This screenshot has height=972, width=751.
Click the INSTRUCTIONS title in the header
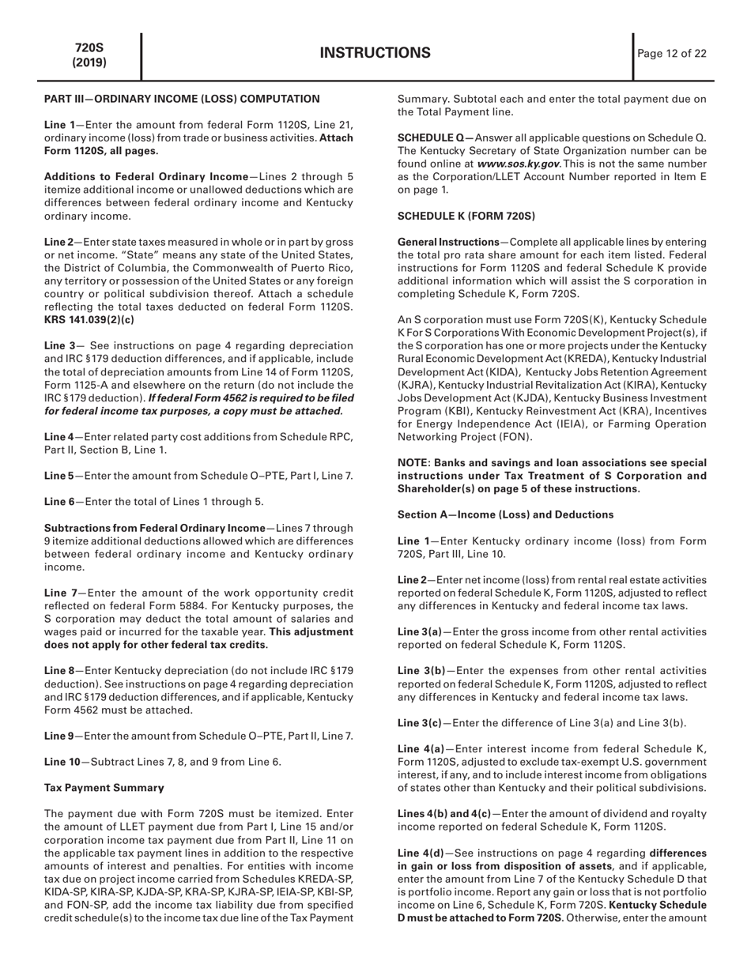(x=375, y=53)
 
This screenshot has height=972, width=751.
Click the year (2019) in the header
(x=90, y=62)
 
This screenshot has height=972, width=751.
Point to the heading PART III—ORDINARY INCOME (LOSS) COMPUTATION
(x=182, y=99)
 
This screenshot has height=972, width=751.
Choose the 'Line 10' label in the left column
(x=59, y=762)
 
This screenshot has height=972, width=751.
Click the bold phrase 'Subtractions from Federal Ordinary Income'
(x=154, y=528)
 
